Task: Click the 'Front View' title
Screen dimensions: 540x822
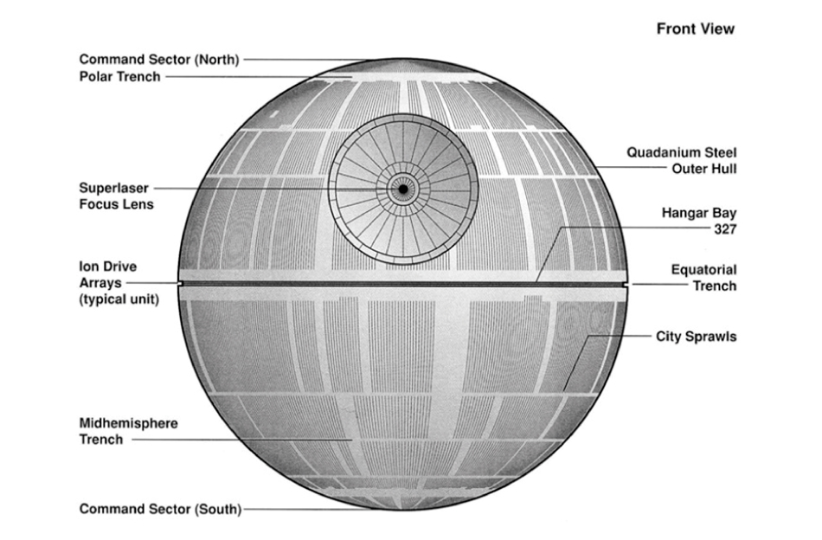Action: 695,29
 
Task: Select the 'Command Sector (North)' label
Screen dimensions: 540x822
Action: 159,60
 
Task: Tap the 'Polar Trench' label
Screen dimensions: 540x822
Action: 119,76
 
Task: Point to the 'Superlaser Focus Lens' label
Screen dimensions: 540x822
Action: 116,196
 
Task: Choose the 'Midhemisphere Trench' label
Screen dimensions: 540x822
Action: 128,431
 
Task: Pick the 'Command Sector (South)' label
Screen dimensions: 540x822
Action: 161,509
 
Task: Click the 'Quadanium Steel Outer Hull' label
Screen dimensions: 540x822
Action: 682,160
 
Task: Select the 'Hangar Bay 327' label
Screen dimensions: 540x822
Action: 698,220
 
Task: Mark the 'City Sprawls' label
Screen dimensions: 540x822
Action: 696,336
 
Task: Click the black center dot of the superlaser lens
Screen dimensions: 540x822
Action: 402,188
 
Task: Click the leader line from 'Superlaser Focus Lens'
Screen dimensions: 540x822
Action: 260,188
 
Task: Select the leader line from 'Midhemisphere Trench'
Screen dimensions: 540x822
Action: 242,440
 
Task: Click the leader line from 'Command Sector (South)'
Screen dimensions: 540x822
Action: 311,509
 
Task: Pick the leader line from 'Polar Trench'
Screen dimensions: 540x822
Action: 260,76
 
